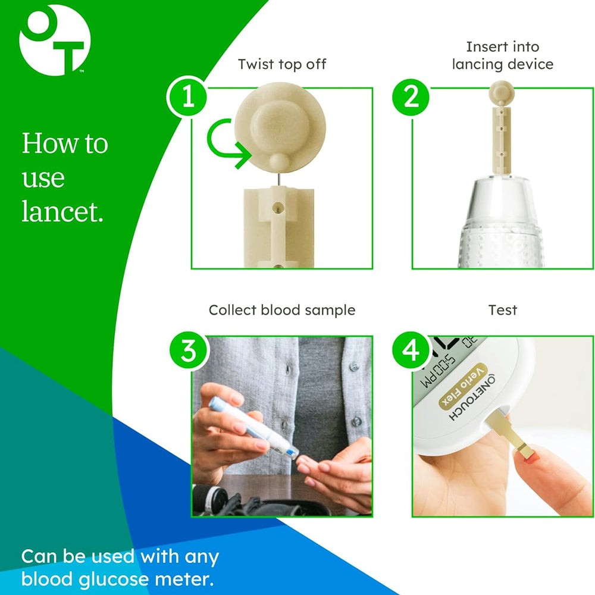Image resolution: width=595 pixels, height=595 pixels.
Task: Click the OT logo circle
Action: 55,40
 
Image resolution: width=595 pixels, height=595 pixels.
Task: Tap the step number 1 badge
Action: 187,97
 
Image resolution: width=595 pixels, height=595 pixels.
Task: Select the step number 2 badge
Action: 411,97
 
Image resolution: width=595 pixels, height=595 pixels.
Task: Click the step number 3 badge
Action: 187,351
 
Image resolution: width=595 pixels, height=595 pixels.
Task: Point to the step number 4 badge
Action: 411,351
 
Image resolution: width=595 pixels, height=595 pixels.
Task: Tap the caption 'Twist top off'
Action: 282,64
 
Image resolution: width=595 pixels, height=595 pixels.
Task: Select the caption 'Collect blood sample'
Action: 282,310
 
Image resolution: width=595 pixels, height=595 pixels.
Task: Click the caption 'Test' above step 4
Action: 503,310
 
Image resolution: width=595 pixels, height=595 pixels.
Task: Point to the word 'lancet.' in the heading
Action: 62,212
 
